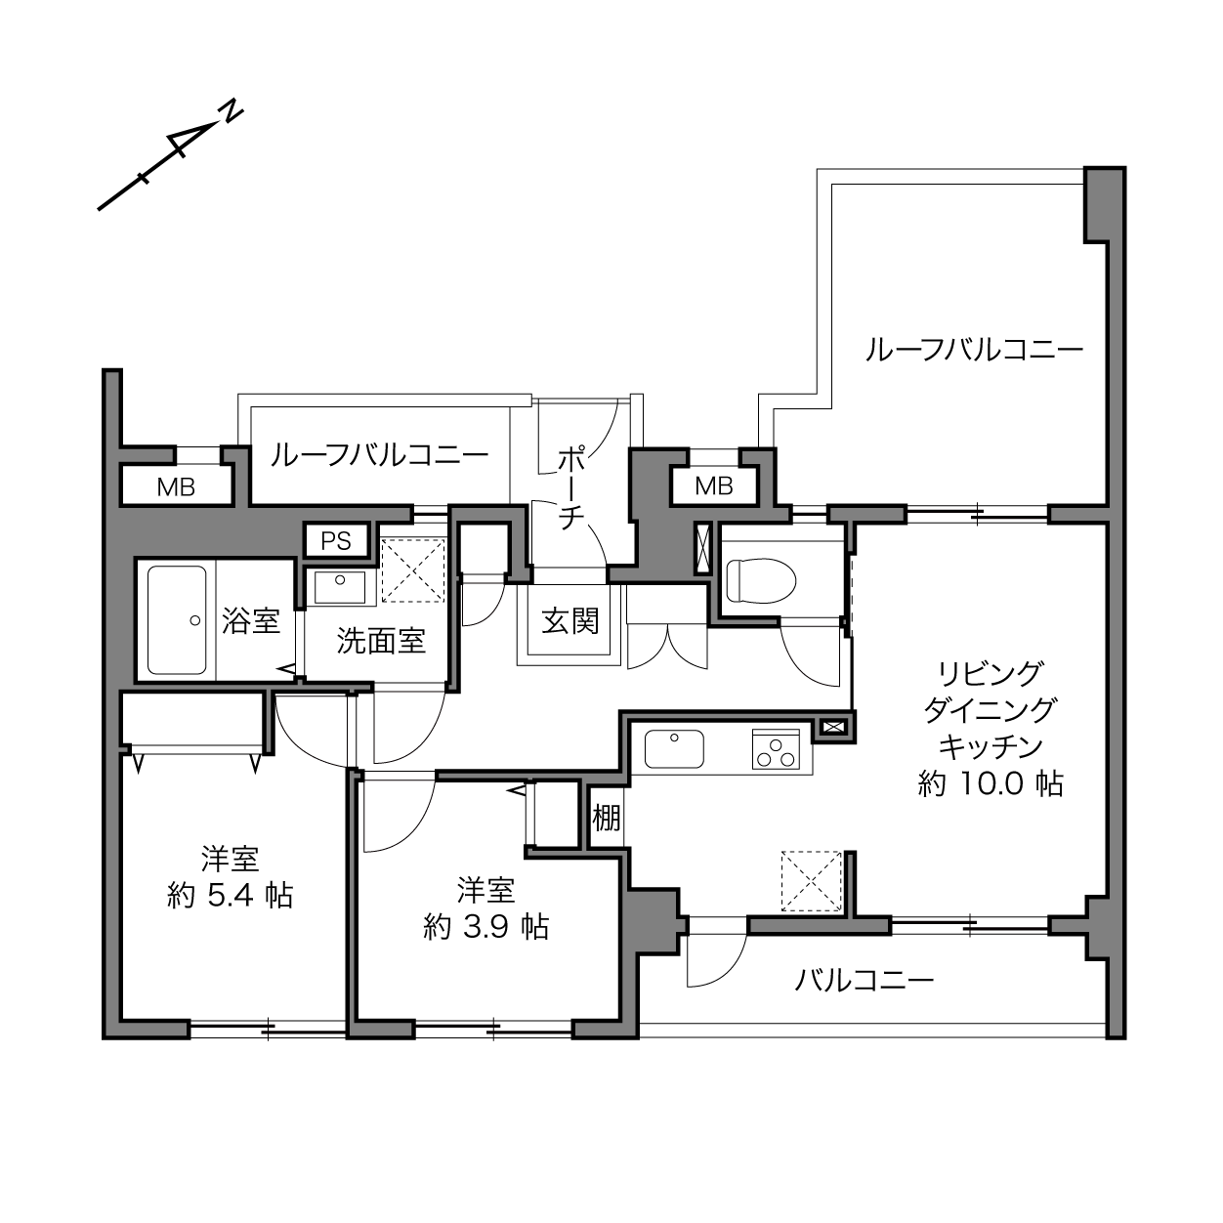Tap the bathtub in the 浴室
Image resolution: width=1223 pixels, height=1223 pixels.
click(x=177, y=620)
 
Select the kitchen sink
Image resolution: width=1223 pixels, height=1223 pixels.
click(x=674, y=749)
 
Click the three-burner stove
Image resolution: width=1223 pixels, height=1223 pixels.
click(x=776, y=749)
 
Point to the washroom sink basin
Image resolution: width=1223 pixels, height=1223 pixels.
click(x=340, y=587)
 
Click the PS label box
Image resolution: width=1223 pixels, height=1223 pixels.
click(x=336, y=541)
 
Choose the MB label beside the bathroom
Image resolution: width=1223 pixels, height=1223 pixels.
click(x=176, y=487)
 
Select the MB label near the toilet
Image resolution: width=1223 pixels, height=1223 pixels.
click(x=714, y=486)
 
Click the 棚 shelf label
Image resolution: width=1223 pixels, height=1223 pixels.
click(x=607, y=818)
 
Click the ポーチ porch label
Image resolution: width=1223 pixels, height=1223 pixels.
click(x=571, y=488)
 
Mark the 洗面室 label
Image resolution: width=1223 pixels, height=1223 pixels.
click(x=381, y=641)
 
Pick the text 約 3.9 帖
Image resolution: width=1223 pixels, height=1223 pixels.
click(x=486, y=927)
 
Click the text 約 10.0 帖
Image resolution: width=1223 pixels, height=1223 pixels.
click(x=991, y=785)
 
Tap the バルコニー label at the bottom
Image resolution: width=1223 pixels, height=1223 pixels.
click(x=865, y=981)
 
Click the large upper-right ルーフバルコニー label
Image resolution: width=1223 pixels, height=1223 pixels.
click(x=974, y=351)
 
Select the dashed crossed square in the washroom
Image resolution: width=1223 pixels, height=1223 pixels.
click(x=413, y=570)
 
